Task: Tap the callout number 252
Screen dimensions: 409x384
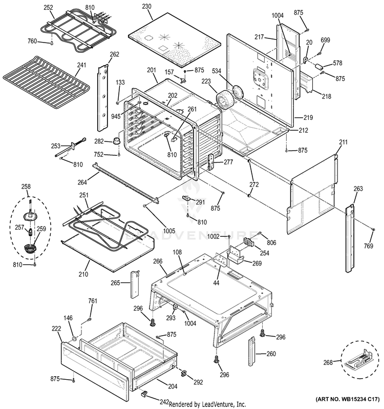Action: (48, 8)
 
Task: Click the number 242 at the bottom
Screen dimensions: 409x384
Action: (164, 402)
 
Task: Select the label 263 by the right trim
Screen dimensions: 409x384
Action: (357, 189)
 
